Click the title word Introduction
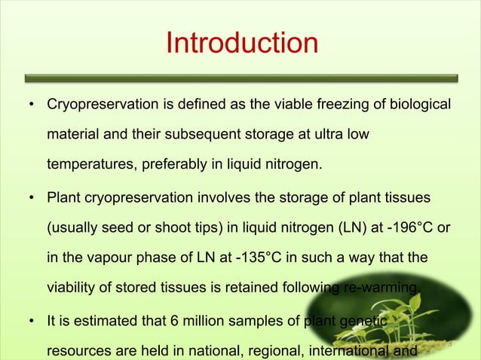pyautogui.click(x=241, y=42)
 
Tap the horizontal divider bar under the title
pyautogui.click(x=241, y=77)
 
